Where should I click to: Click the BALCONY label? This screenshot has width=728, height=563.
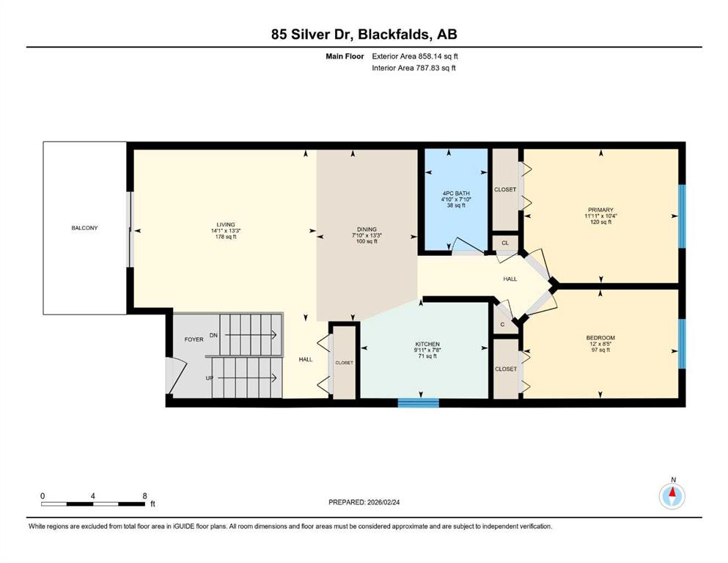(x=84, y=228)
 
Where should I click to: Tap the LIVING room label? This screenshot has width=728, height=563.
(x=226, y=224)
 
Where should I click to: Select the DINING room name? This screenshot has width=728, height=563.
(x=367, y=229)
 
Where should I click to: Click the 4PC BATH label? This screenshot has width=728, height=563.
(x=456, y=193)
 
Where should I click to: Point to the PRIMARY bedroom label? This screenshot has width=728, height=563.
(x=600, y=210)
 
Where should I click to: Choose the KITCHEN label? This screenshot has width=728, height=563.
(x=427, y=345)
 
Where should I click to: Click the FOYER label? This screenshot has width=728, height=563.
(x=194, y=339)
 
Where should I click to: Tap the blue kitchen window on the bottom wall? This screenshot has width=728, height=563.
(x=419, y=402)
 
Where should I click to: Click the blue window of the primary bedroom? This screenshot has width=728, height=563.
(x=682, y=216)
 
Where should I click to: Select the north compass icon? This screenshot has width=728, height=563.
(x=672, y=496)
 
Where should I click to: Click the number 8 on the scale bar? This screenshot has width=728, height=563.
(x=145, y=496)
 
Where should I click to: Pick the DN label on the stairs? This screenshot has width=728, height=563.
(x=213, y=335)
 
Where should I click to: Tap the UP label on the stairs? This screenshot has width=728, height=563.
(x=210, y=378)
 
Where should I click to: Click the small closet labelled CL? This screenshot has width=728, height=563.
(x=505, y=243)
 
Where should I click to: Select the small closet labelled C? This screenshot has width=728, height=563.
(x=503, y=325)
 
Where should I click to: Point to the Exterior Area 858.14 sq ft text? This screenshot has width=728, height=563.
(x=415, y=56)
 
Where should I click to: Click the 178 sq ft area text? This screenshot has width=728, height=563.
(x=226, y=237)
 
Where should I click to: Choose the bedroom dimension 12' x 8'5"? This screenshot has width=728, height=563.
(x=600, y=344)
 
